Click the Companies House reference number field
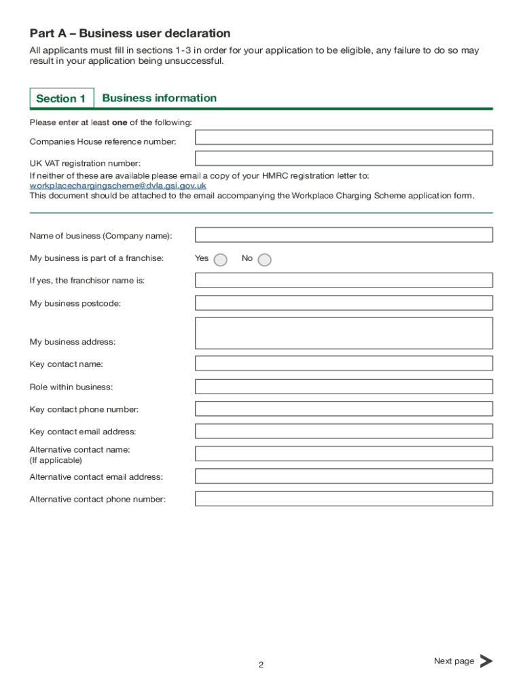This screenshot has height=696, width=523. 344,137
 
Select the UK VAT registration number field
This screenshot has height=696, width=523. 344,158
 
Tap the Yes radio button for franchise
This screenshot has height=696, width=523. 220,260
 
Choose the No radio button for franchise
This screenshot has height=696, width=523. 264,260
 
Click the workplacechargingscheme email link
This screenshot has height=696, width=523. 118,186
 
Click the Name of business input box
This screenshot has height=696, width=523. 344,235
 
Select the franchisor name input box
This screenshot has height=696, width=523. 344,280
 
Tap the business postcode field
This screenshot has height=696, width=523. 344,302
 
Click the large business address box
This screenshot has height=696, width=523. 344,333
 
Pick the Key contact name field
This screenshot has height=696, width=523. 344,364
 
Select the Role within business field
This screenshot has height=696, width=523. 344,387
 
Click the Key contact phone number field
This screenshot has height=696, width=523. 344,409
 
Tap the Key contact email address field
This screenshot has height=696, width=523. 344,431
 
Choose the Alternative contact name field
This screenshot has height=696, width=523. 344,454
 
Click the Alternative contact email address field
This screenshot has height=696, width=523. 344,476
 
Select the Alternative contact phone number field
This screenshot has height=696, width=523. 344,499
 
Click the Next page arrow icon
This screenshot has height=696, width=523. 486,661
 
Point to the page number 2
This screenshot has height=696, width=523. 261,665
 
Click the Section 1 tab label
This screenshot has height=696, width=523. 61,99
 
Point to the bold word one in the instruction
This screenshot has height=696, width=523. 120,122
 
